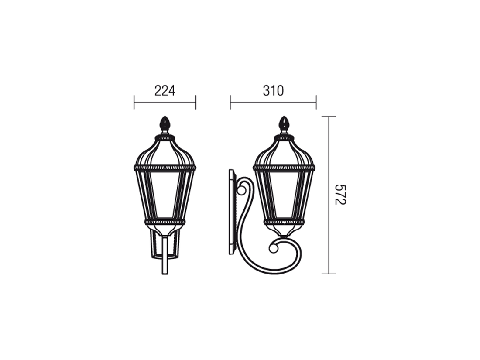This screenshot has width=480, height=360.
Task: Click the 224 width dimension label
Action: tap(165, 91)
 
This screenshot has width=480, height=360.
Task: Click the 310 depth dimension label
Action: tap(273, 91)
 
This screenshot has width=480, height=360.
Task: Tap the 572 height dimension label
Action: tap(340, 195)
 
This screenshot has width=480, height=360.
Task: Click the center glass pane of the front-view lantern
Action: tap(165, 194)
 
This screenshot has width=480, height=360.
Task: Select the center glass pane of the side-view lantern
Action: tap(284, 194)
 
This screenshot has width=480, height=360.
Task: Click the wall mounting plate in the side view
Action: tap(232, 212)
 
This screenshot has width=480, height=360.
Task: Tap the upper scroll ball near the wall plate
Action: tap(242, 191)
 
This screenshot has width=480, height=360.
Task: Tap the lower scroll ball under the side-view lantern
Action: tap(274, 248)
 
